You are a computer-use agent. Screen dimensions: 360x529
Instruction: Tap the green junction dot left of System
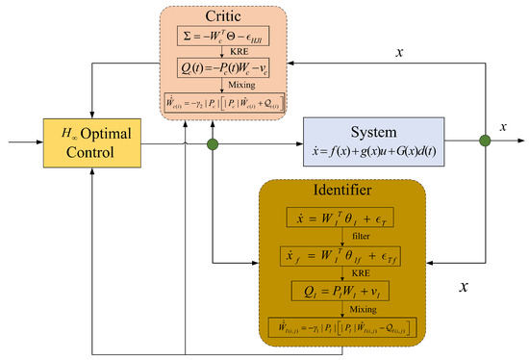click(x=213, y=146)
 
